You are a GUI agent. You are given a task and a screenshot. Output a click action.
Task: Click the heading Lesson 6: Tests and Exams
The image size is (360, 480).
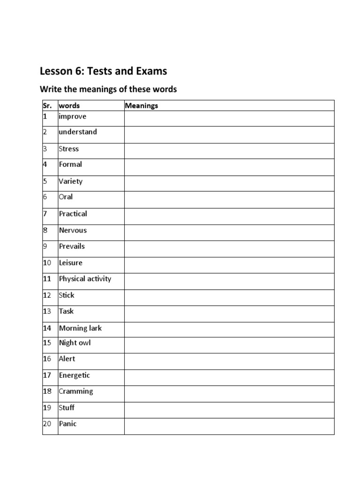[x=103, y=71]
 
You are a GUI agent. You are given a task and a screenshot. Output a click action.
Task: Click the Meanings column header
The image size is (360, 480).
[x=142, y=105]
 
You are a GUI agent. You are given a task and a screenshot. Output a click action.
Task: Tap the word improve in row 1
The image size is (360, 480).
[x=72, y=116]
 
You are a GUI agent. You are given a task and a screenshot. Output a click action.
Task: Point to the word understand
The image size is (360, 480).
[x=78, y=132]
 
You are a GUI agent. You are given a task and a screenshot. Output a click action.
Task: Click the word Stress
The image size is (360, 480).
[x=69, y=149]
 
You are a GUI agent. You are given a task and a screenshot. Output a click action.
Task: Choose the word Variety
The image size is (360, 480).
[x=71, y=181]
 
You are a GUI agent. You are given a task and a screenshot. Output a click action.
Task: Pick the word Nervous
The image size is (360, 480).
[x=73, y=230]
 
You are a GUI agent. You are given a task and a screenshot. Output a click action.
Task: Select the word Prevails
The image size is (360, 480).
[x=72, y=246]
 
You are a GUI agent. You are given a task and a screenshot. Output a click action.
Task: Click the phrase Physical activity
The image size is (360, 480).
[x=85, y=278]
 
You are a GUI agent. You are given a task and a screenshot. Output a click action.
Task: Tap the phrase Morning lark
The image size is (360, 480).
[x=80, y=328]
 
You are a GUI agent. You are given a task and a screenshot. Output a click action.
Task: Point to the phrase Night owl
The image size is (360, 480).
[x=75, y=343]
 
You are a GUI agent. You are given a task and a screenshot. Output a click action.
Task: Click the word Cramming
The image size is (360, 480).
[x=76, y=391]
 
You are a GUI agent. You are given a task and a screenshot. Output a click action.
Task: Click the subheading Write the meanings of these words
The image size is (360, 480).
[x=108, y=89]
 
